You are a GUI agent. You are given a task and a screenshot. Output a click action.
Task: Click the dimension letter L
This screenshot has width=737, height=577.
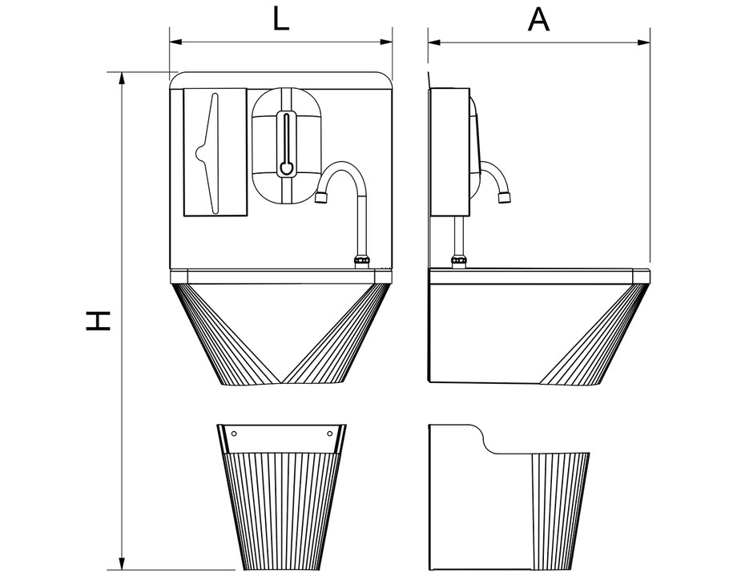[281, 20]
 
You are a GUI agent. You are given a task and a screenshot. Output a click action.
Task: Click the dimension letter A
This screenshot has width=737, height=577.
[538, 20]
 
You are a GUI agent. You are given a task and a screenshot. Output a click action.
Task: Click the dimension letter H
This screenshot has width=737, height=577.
[99, 321]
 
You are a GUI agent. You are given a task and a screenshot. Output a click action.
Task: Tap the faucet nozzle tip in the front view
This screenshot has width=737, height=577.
[321, 198]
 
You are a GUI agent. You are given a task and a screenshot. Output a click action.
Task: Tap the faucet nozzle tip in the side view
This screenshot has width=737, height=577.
[505, 197]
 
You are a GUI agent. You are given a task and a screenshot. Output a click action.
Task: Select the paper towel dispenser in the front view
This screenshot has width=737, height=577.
[215, 152]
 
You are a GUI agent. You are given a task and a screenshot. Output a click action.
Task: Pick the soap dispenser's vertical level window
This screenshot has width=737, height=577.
[286, 144]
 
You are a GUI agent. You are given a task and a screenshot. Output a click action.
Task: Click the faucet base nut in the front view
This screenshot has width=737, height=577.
[361, 262]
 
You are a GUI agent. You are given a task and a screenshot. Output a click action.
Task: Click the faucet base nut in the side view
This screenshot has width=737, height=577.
[458, 262]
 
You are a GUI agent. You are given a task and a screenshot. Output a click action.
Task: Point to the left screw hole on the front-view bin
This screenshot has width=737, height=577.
[235, 433]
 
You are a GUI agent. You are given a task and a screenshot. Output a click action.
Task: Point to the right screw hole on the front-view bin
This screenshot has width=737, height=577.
[330, 433]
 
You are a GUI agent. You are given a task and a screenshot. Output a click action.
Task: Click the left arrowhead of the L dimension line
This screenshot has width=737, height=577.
[175, 42]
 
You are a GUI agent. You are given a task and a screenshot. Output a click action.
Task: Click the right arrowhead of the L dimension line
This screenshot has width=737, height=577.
[386, 42]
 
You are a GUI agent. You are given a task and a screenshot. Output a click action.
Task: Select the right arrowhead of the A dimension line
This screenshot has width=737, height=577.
[644, 42]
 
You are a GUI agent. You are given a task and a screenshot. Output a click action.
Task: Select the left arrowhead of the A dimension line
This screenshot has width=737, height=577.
[434, 42]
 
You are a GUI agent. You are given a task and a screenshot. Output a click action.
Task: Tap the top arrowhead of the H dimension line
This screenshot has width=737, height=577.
[123, 79]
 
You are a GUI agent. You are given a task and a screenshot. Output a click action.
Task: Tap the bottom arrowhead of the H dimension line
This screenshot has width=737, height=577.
[123, 563]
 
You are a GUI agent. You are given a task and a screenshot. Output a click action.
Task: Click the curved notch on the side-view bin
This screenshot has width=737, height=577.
[484, 441]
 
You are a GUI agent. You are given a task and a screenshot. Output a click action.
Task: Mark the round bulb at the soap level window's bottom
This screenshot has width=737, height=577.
[286, 167]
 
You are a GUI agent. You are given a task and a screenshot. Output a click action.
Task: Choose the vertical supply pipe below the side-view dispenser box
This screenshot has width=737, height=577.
[459, 236]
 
